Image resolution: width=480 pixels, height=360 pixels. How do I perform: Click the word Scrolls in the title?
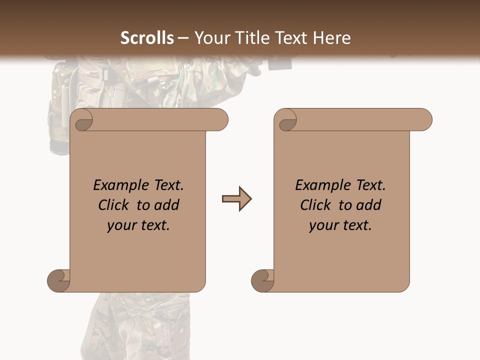(x=147, y=38)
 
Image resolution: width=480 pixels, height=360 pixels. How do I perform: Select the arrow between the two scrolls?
(x=236, y=199)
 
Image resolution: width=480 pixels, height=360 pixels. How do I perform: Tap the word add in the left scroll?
(x=167, y=205)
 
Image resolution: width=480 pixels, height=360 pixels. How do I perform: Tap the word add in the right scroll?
(x=369, y=205)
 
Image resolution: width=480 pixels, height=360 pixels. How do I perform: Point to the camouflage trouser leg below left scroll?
(x=135, y=325)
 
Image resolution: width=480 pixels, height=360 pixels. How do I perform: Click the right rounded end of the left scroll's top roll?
(x=220, y=120)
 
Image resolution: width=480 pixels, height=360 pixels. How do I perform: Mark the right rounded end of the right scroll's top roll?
(x=424, y=120)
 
